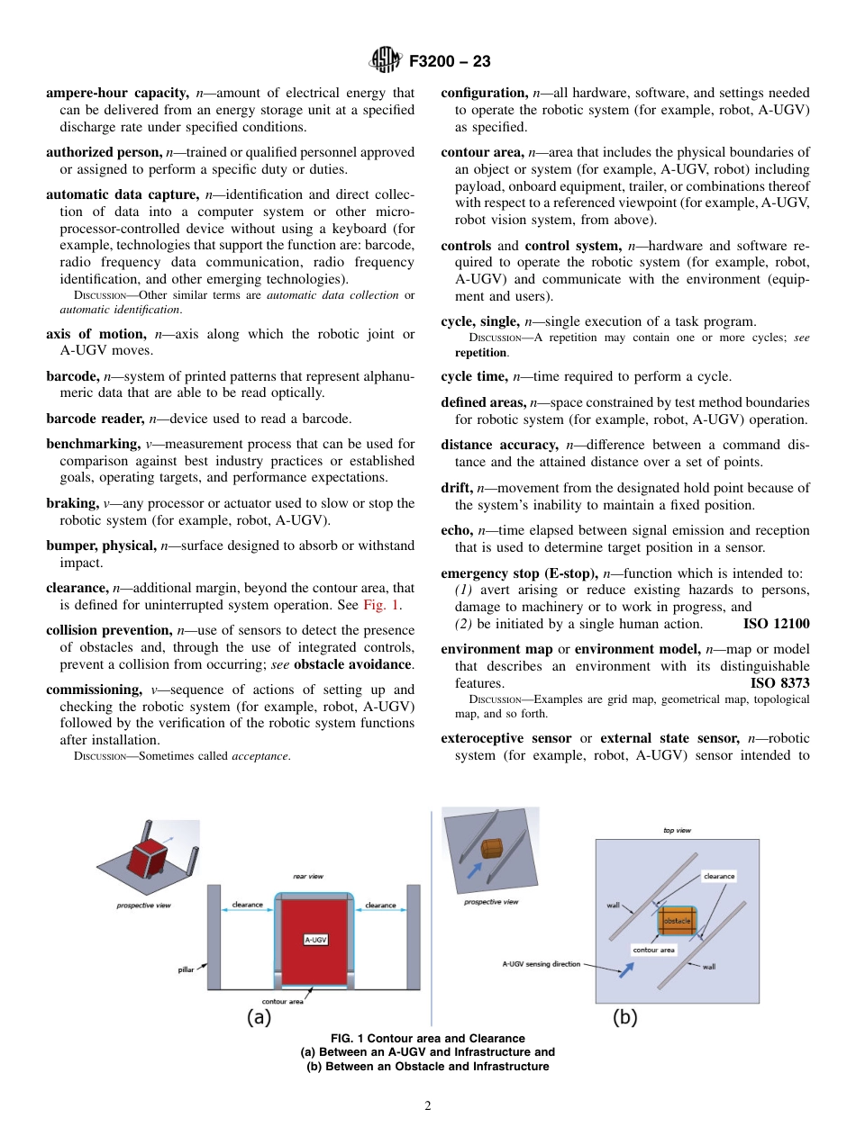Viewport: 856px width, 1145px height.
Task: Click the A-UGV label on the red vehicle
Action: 315,940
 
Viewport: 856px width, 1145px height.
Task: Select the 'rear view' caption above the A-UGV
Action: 308,876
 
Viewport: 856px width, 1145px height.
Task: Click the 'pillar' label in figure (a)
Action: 186,969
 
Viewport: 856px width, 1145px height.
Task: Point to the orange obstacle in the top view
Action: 676,921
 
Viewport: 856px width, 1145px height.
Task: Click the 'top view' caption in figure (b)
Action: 678,830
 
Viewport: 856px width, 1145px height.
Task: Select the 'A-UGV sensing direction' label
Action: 541,964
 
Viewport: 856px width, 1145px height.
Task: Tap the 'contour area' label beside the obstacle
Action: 653,950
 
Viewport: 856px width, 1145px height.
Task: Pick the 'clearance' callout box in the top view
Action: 718,876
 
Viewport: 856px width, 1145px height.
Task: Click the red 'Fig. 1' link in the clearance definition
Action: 381,605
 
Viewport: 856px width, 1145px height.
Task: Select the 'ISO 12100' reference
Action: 776,624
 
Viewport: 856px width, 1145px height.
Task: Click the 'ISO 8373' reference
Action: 779,683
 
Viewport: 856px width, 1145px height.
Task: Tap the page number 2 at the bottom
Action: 428,1106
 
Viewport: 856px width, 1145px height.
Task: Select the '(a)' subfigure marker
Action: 260,1017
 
